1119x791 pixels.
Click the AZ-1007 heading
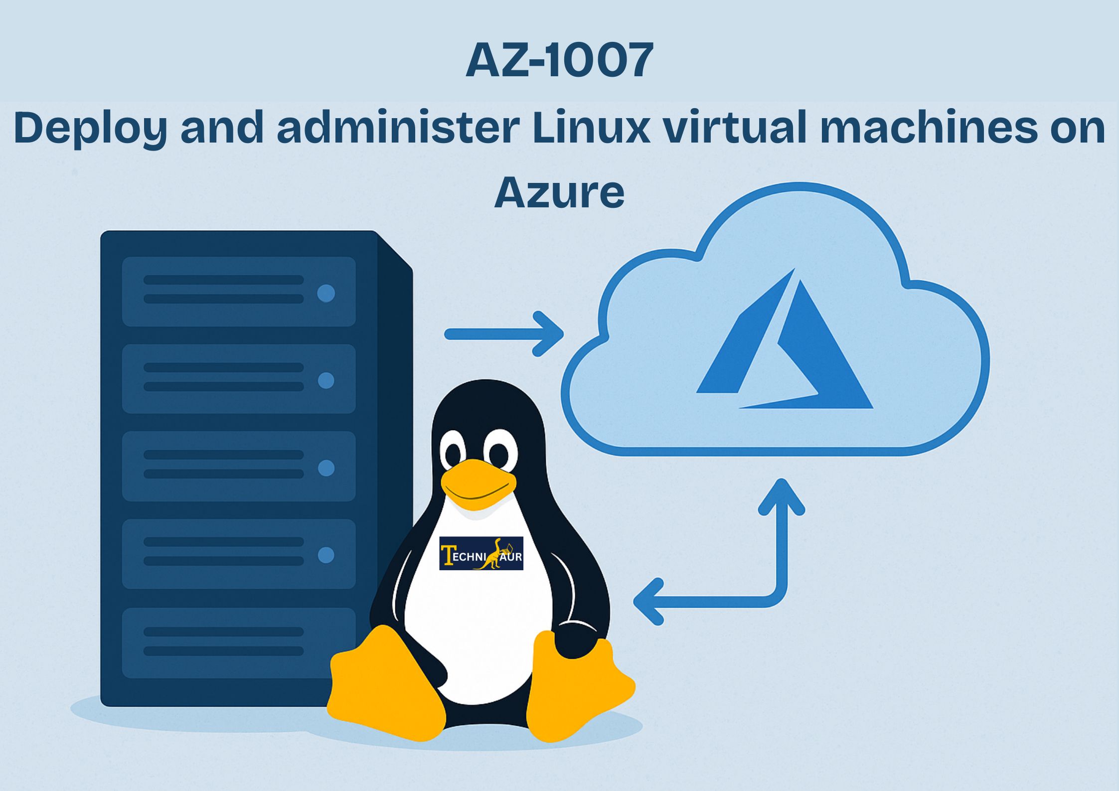pos(559,60)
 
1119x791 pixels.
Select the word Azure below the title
pos(559,192)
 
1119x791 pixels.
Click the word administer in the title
pos(399,127)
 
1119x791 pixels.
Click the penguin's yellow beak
pos(478,484)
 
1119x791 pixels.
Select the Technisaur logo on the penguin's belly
pos(481,553)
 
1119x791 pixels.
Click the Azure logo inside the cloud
pos(784,344)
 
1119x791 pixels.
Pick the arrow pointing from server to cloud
pos(503,334)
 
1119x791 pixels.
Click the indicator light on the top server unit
pos(326,293)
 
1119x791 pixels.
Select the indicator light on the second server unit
pos(326,380)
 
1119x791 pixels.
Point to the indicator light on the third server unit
pos(326,468)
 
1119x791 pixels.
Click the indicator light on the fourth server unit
pos(326,555)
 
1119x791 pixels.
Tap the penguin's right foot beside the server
pos(384,685)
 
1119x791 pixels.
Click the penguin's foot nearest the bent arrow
pos(578,688)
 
